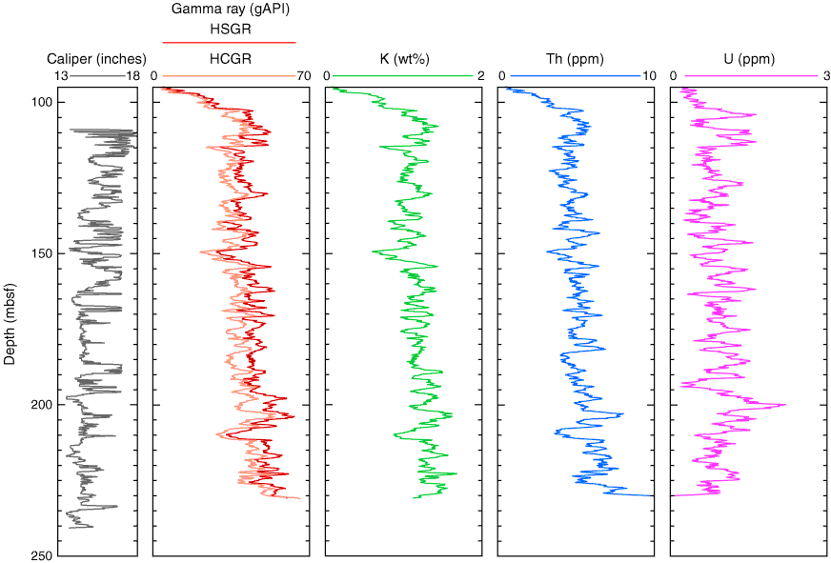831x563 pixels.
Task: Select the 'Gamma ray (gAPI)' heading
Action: pos(229,9)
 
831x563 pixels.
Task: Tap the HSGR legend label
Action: pos(229,29)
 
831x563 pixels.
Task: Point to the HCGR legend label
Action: pos(229,58)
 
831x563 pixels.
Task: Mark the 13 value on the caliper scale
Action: pos(60,76)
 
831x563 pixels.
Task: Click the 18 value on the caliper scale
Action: pos(132,76)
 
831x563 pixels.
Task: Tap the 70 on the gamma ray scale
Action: pos(303,76)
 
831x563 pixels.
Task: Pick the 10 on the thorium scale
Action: pos(649,76)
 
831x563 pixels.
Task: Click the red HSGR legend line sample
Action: pos(229,43)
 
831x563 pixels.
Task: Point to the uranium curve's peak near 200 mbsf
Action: pos(785,405)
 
